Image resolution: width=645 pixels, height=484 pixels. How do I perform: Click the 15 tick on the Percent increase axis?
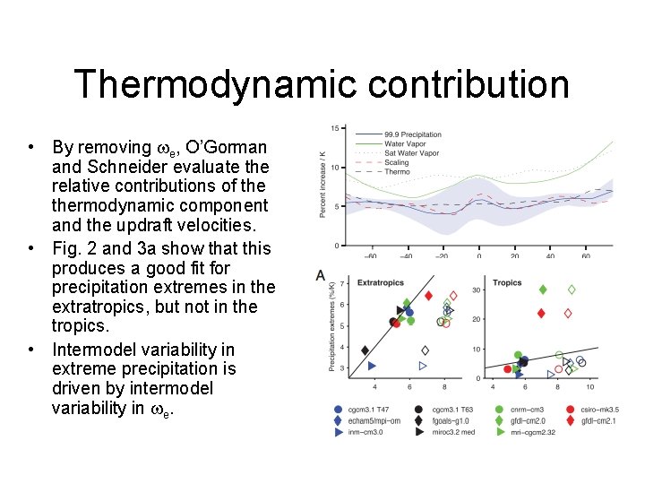click(x=333, y=129)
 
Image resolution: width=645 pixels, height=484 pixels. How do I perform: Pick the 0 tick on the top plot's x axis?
click(x=478, y=256)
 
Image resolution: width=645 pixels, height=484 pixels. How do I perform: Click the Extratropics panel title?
click(x=381, y=282)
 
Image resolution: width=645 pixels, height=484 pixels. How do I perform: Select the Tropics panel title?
click(x=507, y=282)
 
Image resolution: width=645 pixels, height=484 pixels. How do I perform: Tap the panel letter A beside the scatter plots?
click(x=320, y=275)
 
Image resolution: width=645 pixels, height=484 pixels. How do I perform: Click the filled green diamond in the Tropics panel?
click(x=543, y=290)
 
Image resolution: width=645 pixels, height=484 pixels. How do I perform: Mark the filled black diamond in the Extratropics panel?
click(x=365, y=350)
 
